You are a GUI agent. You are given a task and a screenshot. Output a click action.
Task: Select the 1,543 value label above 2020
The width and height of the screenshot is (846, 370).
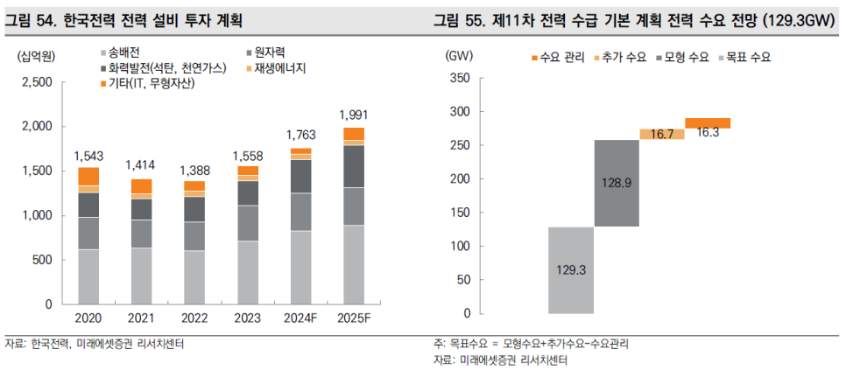[x=88, y=156]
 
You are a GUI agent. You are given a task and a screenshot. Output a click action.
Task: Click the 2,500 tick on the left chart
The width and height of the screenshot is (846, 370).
[x=35, y=82]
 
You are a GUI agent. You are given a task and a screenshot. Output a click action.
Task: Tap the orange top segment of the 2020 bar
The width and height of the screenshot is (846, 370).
[x=88, y=176]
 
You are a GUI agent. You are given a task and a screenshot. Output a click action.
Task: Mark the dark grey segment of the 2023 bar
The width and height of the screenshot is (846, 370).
[x=248, y=192]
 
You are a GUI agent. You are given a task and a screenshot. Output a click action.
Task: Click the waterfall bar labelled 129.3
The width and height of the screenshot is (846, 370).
[x=571, y=269]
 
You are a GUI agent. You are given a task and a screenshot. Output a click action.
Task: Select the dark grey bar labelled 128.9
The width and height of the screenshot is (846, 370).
[x=617, y=183]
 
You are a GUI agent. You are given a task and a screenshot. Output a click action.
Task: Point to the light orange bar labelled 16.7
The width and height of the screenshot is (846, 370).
[x=662, y=134]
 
